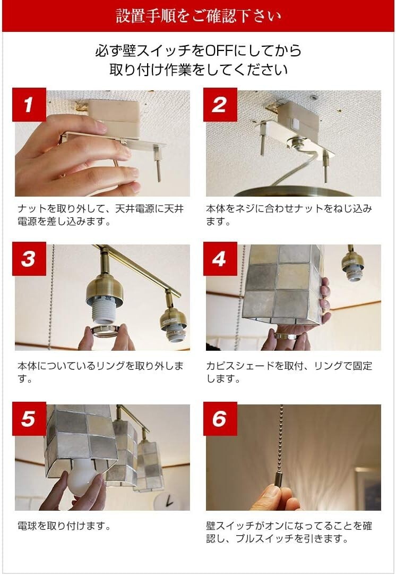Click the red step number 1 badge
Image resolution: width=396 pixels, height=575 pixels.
28,105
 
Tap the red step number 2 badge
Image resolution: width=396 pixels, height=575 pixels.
220,105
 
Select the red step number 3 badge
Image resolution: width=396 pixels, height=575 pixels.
28,259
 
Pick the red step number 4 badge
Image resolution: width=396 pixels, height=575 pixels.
220,259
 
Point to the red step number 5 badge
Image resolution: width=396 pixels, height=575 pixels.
28,419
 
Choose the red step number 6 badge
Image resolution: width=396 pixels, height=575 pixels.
220,419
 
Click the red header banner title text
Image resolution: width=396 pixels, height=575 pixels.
198,16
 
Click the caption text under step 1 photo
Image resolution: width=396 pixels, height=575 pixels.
101,215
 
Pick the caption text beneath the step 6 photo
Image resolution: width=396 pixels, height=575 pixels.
289,532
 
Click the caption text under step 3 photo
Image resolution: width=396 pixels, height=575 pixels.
101,373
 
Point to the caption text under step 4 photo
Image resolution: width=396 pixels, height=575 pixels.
289,373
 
